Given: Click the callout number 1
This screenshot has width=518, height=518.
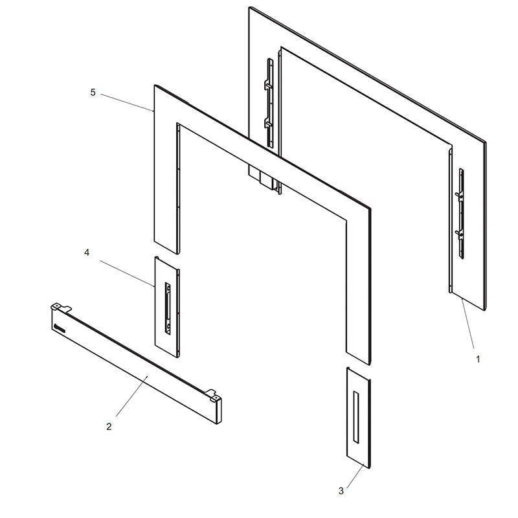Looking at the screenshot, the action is click(x=478, y=359).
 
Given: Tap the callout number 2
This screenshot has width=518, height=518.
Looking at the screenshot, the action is click(x=109, y=427).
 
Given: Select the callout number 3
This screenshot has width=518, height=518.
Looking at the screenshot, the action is click(x=341, y=491).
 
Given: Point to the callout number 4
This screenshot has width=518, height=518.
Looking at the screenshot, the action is click(x=87, y=253).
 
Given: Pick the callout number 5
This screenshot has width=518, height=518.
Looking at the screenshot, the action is click(x=93, y=93).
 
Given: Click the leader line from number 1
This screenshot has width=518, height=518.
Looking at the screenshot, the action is click(x=467, y=323).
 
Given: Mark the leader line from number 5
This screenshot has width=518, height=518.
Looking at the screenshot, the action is click(x=127, y=102).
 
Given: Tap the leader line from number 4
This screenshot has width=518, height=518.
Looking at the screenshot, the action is click(x=127, y=273).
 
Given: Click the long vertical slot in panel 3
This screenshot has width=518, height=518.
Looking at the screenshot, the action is click(x=356, y=417).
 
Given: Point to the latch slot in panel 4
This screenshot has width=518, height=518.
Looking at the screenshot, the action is click(x=168, y=308).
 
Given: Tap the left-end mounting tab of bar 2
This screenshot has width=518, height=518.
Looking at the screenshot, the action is click(x=61, y=307).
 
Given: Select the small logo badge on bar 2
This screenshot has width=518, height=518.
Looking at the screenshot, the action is click(x=60, y=328).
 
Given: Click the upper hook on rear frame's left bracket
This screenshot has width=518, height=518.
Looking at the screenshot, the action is click(x=268, y=84).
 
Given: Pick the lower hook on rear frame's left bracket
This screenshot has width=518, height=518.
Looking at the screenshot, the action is click(x=268, y=124).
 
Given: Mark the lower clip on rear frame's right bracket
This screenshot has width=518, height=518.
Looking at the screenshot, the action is click(x=459, y=234).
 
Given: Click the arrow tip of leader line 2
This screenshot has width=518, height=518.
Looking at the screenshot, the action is click(x=148, y=376).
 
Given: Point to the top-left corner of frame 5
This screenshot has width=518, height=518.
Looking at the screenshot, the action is click(x=154, y=85).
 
